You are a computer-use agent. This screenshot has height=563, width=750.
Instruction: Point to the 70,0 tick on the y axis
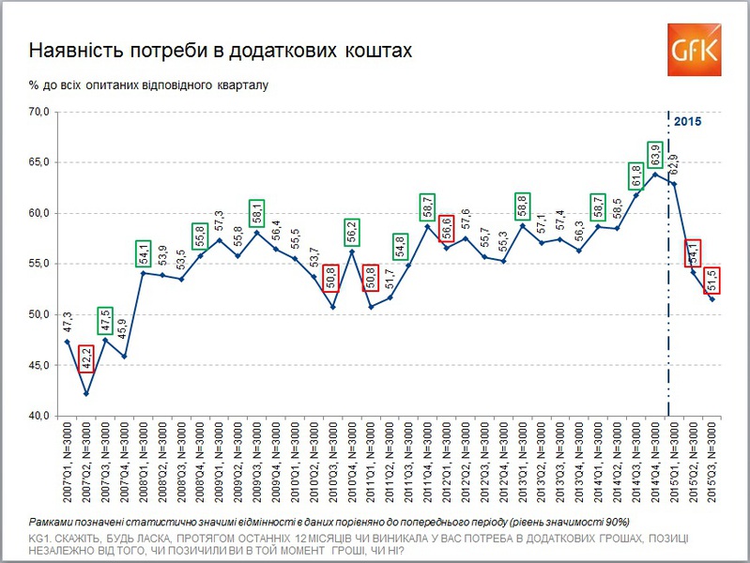click(46, 112)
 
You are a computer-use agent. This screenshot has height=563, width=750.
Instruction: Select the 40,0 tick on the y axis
click(46, 416)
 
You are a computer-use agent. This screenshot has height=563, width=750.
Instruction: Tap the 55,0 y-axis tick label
click(46, 264)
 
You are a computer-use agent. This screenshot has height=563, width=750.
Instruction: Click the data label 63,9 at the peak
click(655, 156)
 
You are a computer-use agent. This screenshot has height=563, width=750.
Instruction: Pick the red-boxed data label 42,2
click(86, 360)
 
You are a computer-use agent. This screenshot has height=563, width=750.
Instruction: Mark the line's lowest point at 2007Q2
click(86, 393)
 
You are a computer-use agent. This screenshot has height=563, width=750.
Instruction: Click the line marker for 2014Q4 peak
click(655, 174)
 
